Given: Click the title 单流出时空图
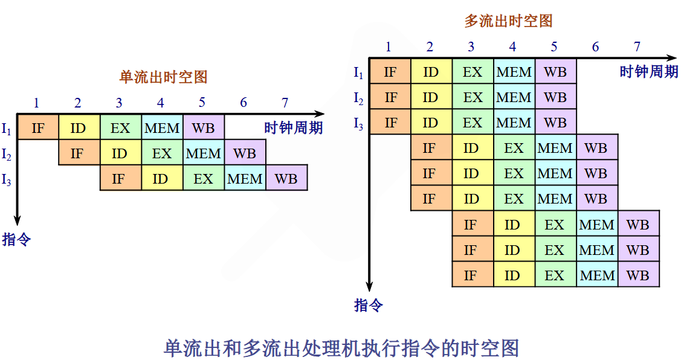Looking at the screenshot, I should click(x=163, y=77).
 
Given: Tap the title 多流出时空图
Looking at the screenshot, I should click(x=508, y=21).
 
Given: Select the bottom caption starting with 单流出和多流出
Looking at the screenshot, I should click(x=341, y=348).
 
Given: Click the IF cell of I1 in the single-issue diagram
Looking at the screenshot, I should click(x=37, y=127).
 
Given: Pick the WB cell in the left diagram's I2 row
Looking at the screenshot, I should click(x=245, y=153).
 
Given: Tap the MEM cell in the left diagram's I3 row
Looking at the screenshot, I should click(x=245, y=179).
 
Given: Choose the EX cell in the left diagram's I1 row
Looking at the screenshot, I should click(x=120, y=127).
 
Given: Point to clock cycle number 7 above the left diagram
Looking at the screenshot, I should click(x=285, y=102).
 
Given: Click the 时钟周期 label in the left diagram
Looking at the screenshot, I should click(x=293, y=127).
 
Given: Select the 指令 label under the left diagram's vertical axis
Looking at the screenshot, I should click(x=16, y=239).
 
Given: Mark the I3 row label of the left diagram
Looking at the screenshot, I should click(x=7, y=179).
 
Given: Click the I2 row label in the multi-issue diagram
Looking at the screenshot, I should click(x=358, y=98).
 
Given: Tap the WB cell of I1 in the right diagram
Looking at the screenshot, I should click(x=555, y=72).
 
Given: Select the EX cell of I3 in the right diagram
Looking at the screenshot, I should click(x=473, y=123).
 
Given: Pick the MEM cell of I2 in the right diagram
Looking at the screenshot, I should click(x=514, y=97).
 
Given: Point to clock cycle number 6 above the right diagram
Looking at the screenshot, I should click(x=596, y=47).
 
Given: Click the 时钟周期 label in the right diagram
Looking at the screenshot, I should click(x=648, y=72).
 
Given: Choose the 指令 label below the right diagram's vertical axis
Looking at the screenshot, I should click(x=368, y=305).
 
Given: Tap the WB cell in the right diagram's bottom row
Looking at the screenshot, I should click(x=638, y=275).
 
